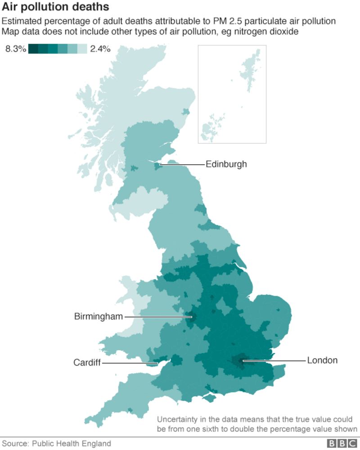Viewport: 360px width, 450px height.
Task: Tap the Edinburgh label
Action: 226,164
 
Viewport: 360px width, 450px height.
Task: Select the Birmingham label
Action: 98,317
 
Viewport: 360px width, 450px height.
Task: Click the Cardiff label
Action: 87,363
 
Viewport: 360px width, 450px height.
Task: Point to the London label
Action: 322,360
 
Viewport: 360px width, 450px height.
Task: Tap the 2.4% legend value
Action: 100,49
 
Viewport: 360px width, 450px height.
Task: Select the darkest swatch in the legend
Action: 33,49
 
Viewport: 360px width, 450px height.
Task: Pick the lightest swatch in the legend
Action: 82,49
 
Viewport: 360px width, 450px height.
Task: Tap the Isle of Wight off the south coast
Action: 208,398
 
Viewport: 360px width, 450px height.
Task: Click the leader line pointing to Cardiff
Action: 128,363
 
